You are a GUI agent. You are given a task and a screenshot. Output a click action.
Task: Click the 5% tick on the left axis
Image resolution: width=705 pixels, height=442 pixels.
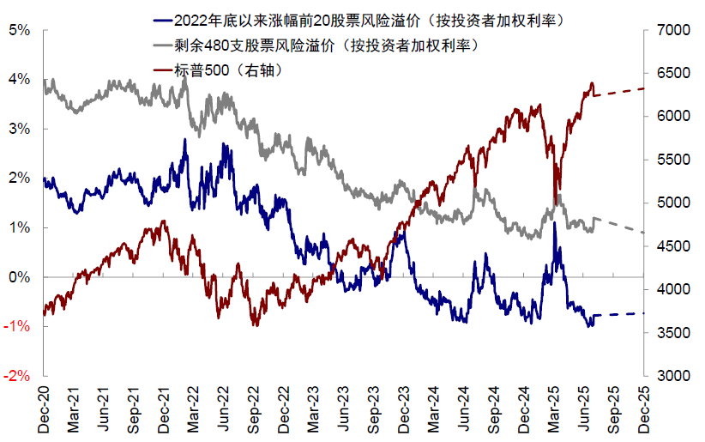[18, 30]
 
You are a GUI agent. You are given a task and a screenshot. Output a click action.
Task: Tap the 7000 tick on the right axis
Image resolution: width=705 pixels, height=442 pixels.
[669, 30]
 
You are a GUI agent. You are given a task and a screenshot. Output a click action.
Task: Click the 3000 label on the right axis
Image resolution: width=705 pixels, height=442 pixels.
[669, 376]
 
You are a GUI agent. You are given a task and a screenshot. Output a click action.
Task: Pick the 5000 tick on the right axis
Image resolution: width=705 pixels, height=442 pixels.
[669, 203]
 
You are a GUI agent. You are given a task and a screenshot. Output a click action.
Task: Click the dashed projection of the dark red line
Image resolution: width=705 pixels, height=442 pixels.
[618, 92]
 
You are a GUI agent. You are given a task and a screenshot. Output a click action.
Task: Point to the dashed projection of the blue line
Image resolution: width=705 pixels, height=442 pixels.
[618, 314]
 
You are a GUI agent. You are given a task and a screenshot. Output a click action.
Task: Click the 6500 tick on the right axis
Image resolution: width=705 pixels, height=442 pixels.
[669, 74]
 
